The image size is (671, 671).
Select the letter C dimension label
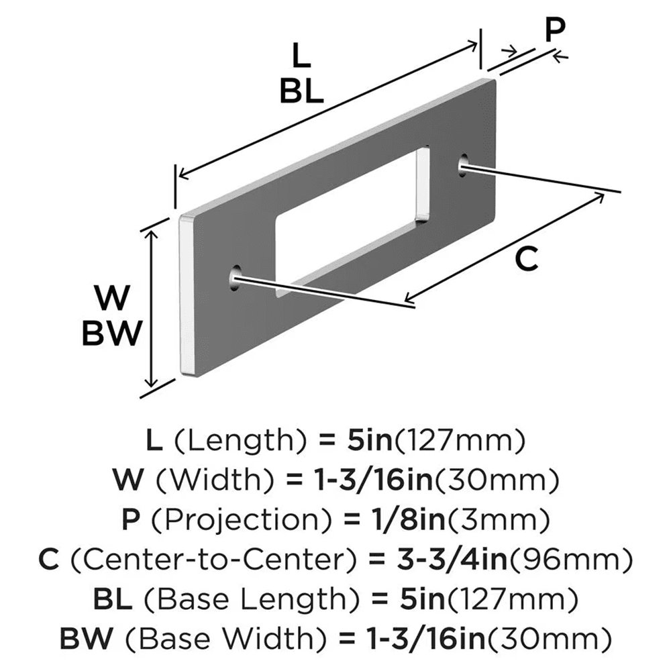pos(527,258)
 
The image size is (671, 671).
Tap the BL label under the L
pos(301,92)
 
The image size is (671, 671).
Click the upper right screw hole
pos(464,164)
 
